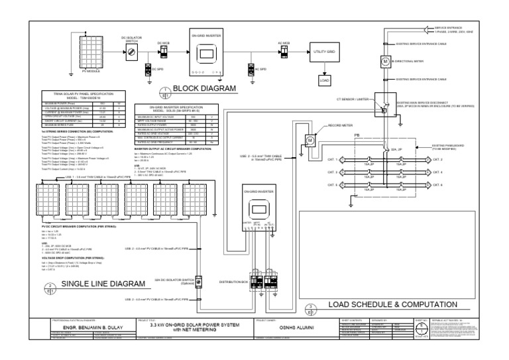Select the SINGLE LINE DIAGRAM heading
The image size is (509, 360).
click(x=102, y=284)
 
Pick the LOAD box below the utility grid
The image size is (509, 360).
click(x=324, y=80)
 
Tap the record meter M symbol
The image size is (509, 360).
click(x=309, y=141)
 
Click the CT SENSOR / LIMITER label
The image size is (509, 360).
click(x=351, y=98)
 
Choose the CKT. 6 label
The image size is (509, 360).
click(x=437, y=184)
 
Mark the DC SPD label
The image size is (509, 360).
click(x=156, y=68)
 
